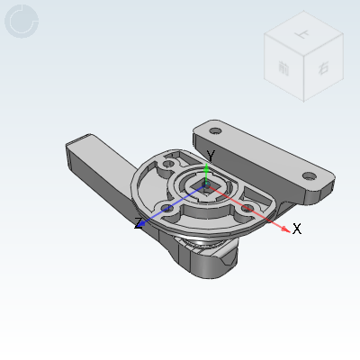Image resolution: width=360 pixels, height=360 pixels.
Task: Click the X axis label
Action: (x=297, y=229)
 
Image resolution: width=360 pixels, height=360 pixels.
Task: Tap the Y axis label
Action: (x=211, y=155)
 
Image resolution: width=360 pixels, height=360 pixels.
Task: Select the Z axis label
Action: (x=139, y=223)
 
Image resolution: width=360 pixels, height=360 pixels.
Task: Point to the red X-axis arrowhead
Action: (x=287, y=229)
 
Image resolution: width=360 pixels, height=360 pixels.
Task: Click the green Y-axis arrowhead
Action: (x=208, y=168)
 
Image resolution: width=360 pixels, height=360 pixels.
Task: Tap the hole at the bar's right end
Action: (x=309, y=175)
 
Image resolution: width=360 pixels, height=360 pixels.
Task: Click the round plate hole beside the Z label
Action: (x=166, y=209)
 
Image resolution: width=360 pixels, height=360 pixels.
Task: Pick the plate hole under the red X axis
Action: (x=248, y=209)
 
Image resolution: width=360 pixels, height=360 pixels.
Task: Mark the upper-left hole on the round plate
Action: (x=169, y=166)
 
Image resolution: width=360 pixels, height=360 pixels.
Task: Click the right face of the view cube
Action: (x=320, y=68)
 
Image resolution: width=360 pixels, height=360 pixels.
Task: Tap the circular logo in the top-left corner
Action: (x=22, y=21)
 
